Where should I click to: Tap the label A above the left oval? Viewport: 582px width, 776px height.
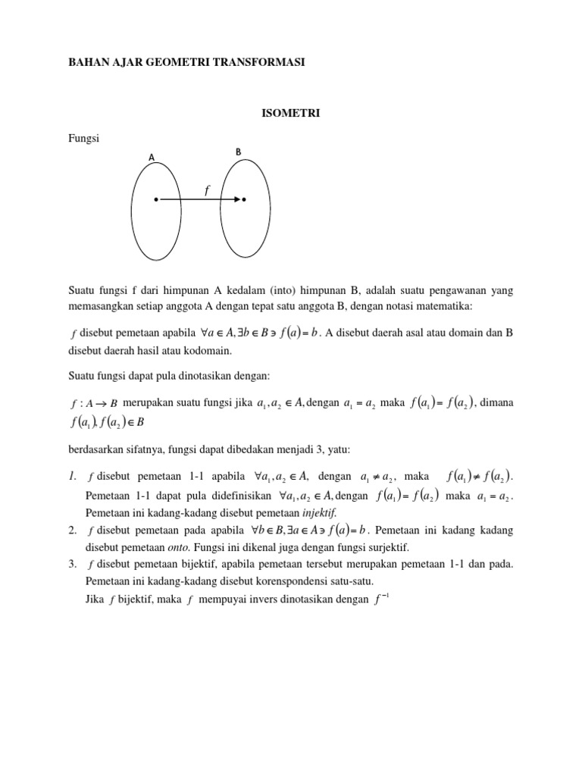coord(152,157)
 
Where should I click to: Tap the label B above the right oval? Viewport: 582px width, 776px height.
coord(238,152)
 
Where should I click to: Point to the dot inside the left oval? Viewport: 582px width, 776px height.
coord(156,200)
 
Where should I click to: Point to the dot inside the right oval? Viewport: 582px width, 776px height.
coord(245,200)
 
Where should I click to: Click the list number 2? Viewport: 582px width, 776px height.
coord(72,530)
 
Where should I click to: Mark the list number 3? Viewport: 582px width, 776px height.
coord(72,565)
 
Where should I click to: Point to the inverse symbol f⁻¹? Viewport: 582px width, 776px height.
coord(383,600)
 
